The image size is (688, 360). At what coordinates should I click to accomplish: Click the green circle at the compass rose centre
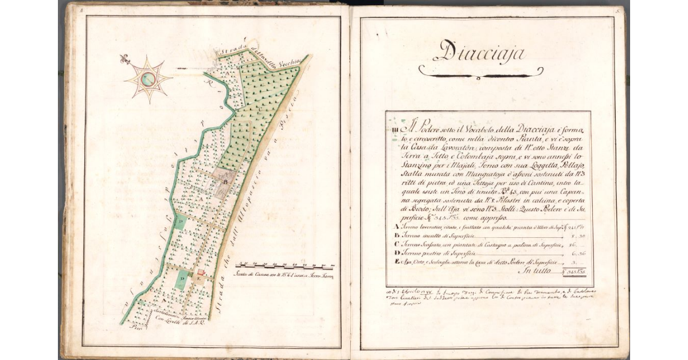[x=148, y=80]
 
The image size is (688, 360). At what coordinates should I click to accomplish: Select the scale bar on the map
[x=285, y=266]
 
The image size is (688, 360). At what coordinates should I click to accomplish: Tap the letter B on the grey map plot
[x=226, y=183]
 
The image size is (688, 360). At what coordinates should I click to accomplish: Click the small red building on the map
[x=201, y=274]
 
